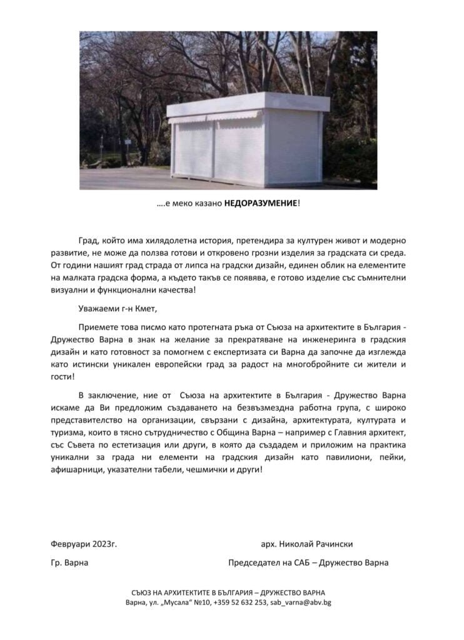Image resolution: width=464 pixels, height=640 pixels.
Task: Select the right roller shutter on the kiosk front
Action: [x=237, y=151]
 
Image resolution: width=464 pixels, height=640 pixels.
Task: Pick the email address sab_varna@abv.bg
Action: [x=303, y=602]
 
